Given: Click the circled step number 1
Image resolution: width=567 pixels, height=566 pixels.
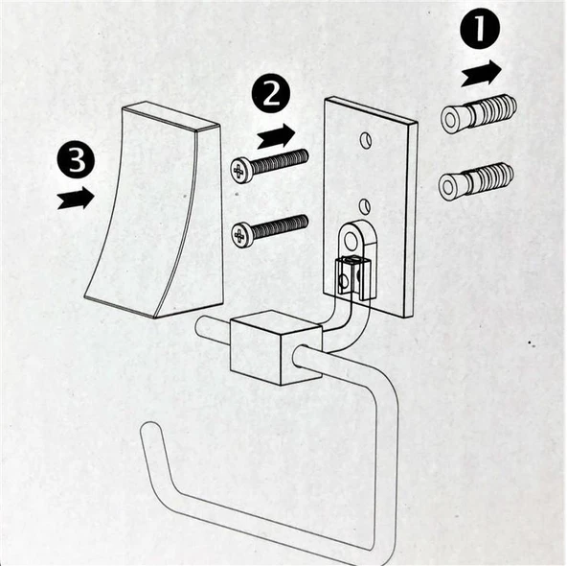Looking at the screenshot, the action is point(480,28).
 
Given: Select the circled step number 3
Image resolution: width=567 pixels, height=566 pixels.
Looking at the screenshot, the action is point(76,159).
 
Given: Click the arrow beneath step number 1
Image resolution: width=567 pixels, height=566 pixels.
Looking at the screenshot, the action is point(482,74).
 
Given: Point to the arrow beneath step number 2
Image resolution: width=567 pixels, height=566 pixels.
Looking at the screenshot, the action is point(276,136).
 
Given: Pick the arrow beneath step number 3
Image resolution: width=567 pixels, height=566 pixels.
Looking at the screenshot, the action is point(76,198).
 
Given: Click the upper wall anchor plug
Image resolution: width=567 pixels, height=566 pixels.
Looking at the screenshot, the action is point(479,112).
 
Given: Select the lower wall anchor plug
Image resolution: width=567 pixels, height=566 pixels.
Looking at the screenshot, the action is point(476,180).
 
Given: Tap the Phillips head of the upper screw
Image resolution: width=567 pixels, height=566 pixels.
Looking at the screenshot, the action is point(240,170).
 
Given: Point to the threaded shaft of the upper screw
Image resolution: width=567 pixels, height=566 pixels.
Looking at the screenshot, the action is point(279,161).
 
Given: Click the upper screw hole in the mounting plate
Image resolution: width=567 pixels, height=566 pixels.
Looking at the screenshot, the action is point(366,140).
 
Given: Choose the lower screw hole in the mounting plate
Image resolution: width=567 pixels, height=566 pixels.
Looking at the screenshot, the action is point(365,205).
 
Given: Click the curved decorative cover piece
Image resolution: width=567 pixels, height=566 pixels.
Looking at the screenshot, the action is point(153,210).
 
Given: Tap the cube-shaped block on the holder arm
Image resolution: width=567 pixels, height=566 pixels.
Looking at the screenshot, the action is point(276,347).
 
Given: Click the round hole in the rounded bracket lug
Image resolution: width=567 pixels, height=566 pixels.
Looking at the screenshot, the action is point(350,239).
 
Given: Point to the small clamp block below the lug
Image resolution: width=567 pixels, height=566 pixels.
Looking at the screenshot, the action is point(353,278).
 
